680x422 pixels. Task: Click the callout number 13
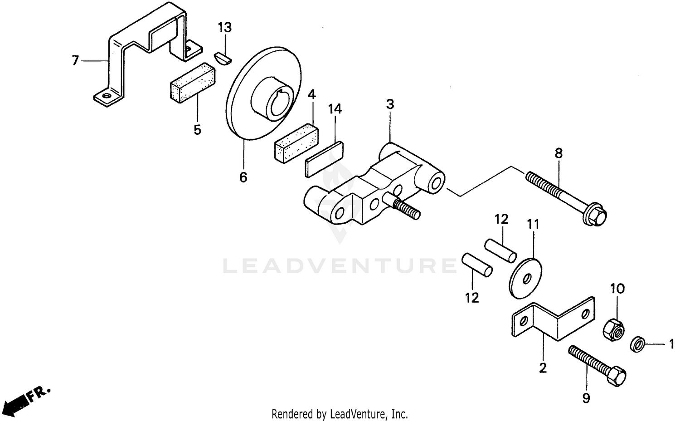(225, 27)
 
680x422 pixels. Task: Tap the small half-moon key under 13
(223, 59)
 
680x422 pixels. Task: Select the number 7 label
(75, 60)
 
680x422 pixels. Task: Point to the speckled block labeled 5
(193, 83)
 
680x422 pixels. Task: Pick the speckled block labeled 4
(296, 142)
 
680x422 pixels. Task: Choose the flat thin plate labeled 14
(324, 159)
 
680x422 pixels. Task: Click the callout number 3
(390, 104)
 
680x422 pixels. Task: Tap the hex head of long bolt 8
(594, 215)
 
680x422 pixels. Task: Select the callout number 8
(559, 153)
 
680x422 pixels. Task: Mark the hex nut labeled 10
(613, 330)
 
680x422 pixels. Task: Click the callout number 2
(543, 368)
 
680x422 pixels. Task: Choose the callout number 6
(243, 177)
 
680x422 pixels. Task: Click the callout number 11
(533, 225)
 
